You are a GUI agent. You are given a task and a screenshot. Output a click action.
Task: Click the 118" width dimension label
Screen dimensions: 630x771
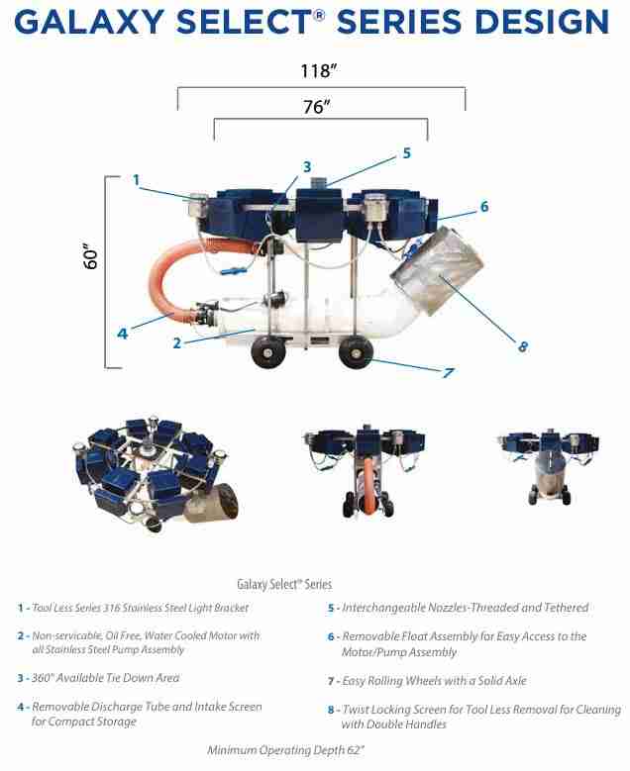point(318,71)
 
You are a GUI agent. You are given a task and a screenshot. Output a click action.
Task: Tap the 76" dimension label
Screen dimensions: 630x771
point(316,106)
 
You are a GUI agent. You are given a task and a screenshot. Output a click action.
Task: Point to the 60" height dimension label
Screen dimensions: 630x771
point(91,255)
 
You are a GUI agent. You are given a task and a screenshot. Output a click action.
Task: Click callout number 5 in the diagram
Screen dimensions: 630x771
point(406,153)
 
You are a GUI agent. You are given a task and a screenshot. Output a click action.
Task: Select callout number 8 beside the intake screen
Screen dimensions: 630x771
point(523,346)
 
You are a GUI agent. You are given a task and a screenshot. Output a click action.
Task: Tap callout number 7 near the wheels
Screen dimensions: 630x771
point(448,373)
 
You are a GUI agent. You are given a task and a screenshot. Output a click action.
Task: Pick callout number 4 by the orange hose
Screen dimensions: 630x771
point(122,334)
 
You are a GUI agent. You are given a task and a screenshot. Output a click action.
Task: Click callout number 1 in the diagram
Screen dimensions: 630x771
point(137,180)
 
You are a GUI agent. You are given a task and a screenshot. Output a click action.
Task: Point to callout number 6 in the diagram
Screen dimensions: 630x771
point(484,207)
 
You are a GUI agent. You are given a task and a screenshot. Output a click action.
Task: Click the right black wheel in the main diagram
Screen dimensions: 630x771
point(356,352)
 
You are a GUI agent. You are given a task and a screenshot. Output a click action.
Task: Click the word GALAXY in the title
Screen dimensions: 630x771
point(89,22)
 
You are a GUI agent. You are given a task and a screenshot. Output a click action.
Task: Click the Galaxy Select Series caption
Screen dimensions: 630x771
point(284,584)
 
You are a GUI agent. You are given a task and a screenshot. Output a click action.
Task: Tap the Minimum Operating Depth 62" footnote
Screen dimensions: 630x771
point(286,750)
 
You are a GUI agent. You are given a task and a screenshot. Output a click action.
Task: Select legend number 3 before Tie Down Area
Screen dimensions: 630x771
point(20,679)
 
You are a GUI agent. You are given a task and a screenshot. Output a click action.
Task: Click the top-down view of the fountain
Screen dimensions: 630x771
point(157,473)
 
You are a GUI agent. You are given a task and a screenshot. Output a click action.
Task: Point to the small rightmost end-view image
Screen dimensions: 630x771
point(550,465)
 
